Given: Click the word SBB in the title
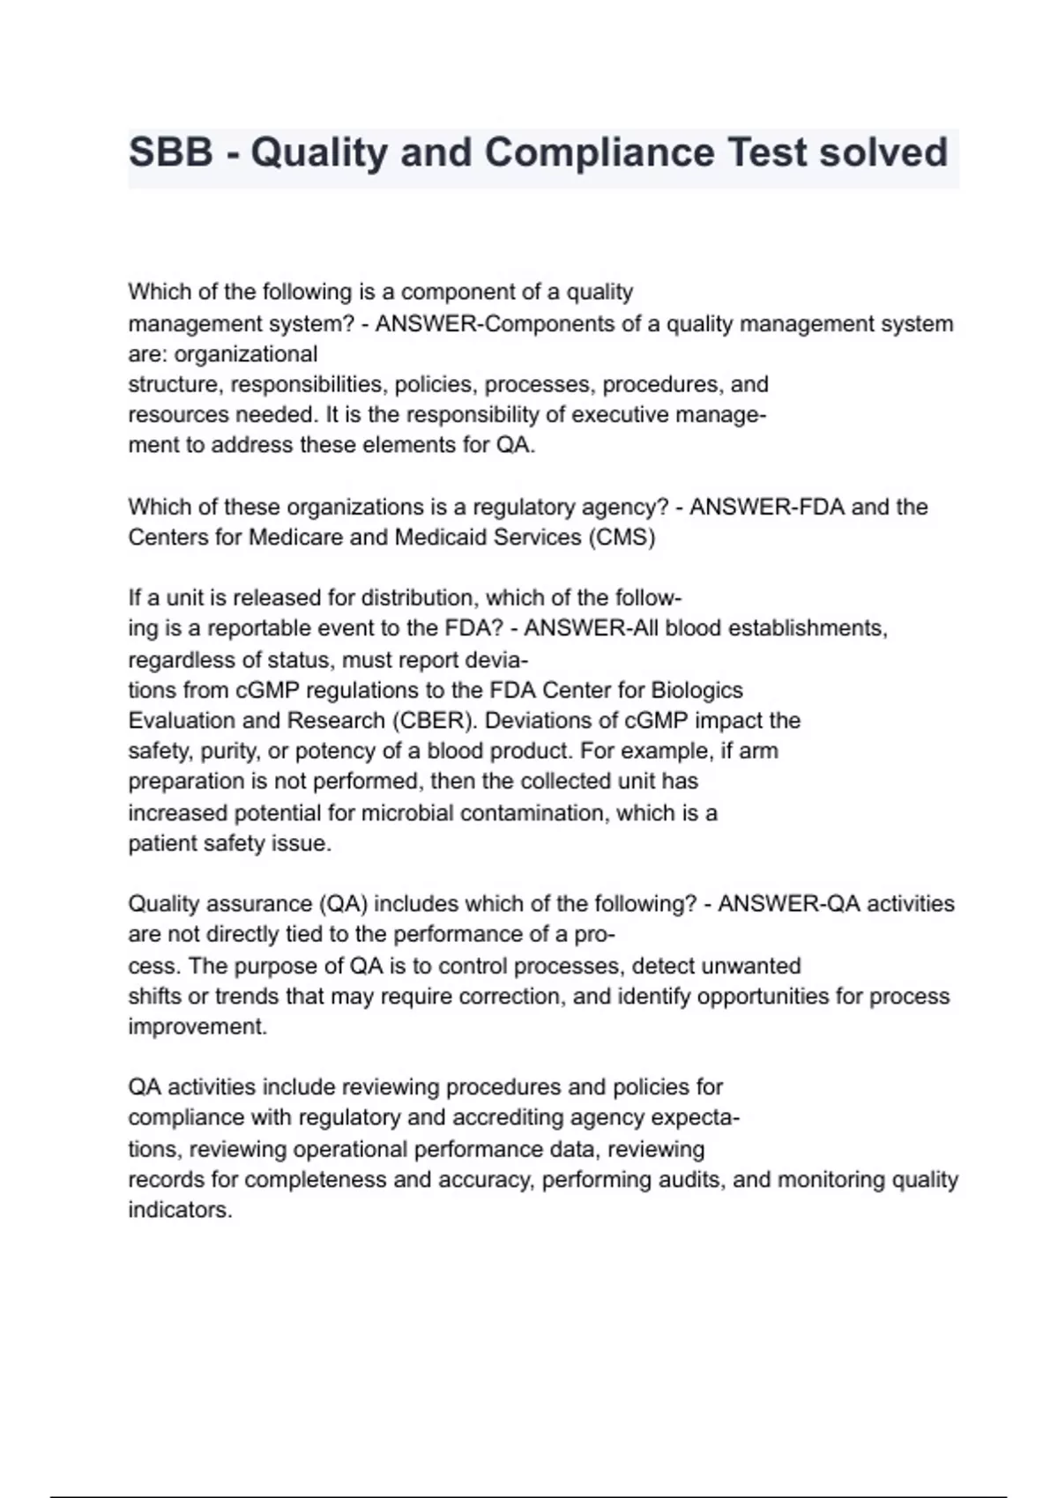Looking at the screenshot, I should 171,152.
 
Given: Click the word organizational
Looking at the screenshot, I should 246,354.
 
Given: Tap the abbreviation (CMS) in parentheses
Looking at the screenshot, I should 622,538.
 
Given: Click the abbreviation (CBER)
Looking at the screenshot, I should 432,721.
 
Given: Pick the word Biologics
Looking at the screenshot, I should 697,690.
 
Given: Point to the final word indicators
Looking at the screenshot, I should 179,1210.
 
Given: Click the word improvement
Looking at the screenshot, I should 197,1027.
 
